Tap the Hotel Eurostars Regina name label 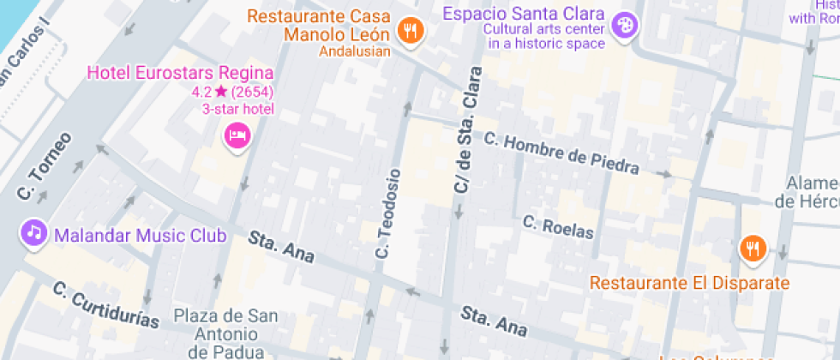[181, 74]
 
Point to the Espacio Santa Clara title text [525, 15]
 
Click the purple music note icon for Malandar [33, 232]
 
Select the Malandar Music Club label [140, 235]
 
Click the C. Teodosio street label [387, 214]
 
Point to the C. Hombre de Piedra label [561, 153]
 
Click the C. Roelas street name [558, 226]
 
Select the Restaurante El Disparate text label [689, 283]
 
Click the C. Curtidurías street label [106, 304]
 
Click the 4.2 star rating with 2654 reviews [232, 92]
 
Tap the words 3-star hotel [237, 109]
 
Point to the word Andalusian [355, 51]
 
